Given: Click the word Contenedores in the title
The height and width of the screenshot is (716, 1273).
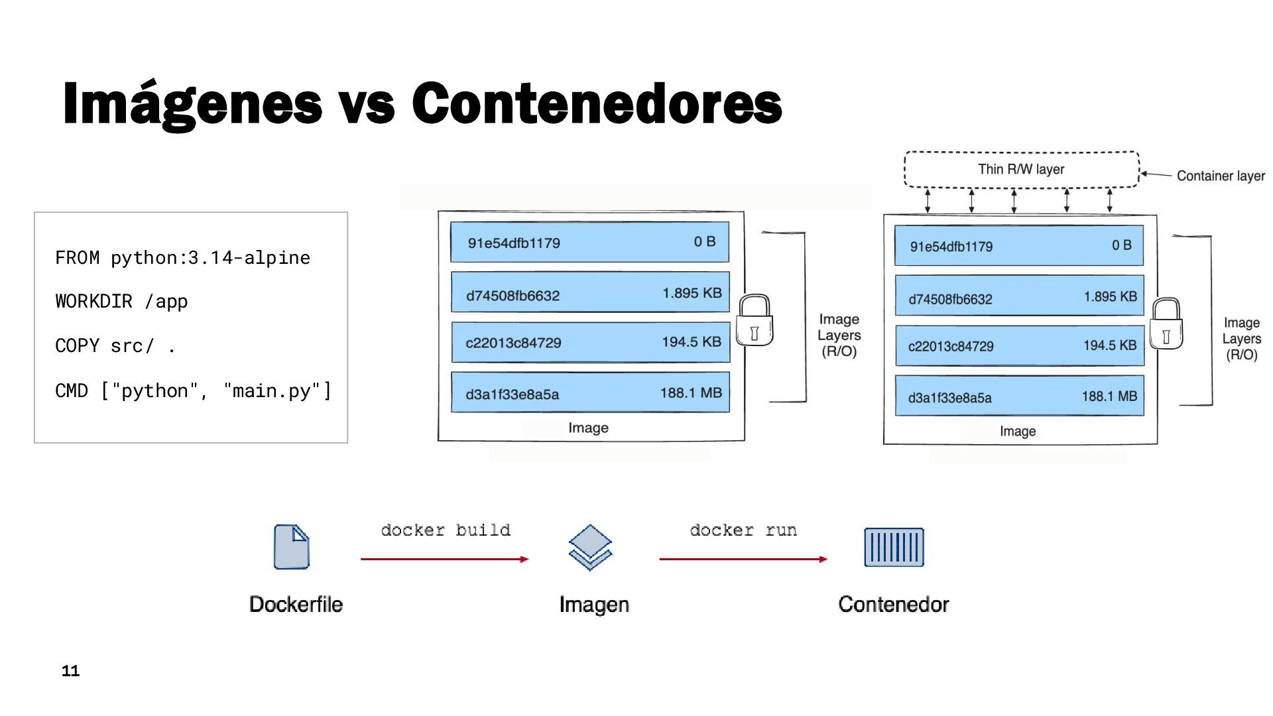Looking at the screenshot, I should pyautogui.click(x=597, y=103).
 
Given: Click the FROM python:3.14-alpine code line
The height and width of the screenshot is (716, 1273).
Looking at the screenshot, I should pyautogui.click(x=182, y=257).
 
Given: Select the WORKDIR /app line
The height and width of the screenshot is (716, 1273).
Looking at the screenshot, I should pyautogui.click(x=121, y=302).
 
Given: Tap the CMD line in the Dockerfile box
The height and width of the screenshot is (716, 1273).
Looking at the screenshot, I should pyautogui.click(x=193, y=390).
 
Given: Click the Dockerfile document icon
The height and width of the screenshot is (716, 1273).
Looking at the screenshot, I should pyautogui.click(x=292, y=547).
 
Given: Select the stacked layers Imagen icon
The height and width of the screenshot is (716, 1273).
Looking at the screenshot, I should pyautogui.click(x=590, y=547).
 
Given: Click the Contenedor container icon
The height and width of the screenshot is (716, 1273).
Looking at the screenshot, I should pyautogui.click(x=894, y=547).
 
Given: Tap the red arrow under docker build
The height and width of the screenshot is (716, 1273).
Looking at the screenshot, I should pyautogui.click(x=444, y=560).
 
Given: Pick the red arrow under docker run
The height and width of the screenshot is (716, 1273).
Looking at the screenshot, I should pyautogui.click(x=743, y=560).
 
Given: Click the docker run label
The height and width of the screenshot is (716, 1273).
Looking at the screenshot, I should pyautogui.click(x=743, y=530).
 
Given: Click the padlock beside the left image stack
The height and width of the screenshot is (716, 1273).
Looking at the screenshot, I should pyautogui.click(x=755, y=320).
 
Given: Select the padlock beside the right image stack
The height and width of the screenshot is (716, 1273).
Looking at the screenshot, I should pyautogui.click(x=1166, y=324).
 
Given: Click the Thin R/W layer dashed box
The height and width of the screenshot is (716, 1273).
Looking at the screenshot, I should pyautogui.click(x=1021, y=170).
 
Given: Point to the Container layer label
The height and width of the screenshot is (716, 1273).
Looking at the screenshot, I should pyautogui.click(x=1221, y=176).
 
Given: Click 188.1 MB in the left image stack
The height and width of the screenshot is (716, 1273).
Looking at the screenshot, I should pyautogui.click(x=691, y=393).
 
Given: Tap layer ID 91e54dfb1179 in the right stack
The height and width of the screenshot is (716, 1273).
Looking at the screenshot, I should pyautogui.click(x=951, y=247).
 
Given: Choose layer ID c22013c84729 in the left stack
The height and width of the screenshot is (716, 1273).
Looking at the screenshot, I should pyautogui.click(x=513, y=343).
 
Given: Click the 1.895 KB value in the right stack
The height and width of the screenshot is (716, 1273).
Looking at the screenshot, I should pyautogui.click(x=1111, y=297).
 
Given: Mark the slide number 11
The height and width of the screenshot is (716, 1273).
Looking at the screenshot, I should pyautogui.click(x=70, y=671).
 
